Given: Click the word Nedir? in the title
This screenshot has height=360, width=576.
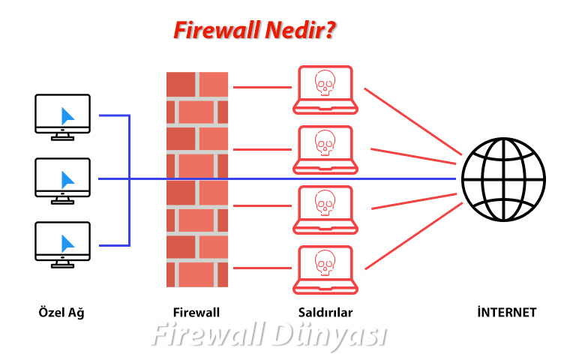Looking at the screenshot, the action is click(301, 30).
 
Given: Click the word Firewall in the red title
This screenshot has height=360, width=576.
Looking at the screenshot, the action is click(217, 30).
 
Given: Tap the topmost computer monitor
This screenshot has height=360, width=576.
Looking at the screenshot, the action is click(62, 117).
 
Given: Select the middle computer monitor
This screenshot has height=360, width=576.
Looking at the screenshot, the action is click(62, 181).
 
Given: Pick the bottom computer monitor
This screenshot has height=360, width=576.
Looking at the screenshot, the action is click(62, 244).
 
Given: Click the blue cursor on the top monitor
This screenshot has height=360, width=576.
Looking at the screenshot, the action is click(67, 116).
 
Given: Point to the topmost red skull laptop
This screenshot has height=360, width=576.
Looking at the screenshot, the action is click(325, 90).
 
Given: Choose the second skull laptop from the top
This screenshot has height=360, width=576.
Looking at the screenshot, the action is click(325, 150).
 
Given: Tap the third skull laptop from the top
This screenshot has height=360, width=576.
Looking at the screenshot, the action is click(325, 210).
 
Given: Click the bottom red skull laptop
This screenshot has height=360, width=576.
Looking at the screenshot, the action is click(325, 270).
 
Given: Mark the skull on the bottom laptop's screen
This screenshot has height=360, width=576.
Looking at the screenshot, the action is click(325, 263).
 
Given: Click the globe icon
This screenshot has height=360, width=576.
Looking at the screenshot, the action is click(504, 179).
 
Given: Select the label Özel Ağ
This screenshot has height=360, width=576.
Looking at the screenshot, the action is click(61, 313).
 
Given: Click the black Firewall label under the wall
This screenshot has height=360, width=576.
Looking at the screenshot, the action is click(196, 313).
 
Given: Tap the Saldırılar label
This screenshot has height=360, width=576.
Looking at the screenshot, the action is click(325, 313).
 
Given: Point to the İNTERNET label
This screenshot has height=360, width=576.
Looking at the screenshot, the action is click(507, 312).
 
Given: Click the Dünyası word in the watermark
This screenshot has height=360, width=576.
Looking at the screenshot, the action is click(330, 335).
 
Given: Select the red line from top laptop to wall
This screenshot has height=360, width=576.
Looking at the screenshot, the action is click(262, 88).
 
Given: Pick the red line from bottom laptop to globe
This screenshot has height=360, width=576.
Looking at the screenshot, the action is click(414, 235).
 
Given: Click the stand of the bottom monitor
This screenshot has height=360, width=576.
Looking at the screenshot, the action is click(62, 264).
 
